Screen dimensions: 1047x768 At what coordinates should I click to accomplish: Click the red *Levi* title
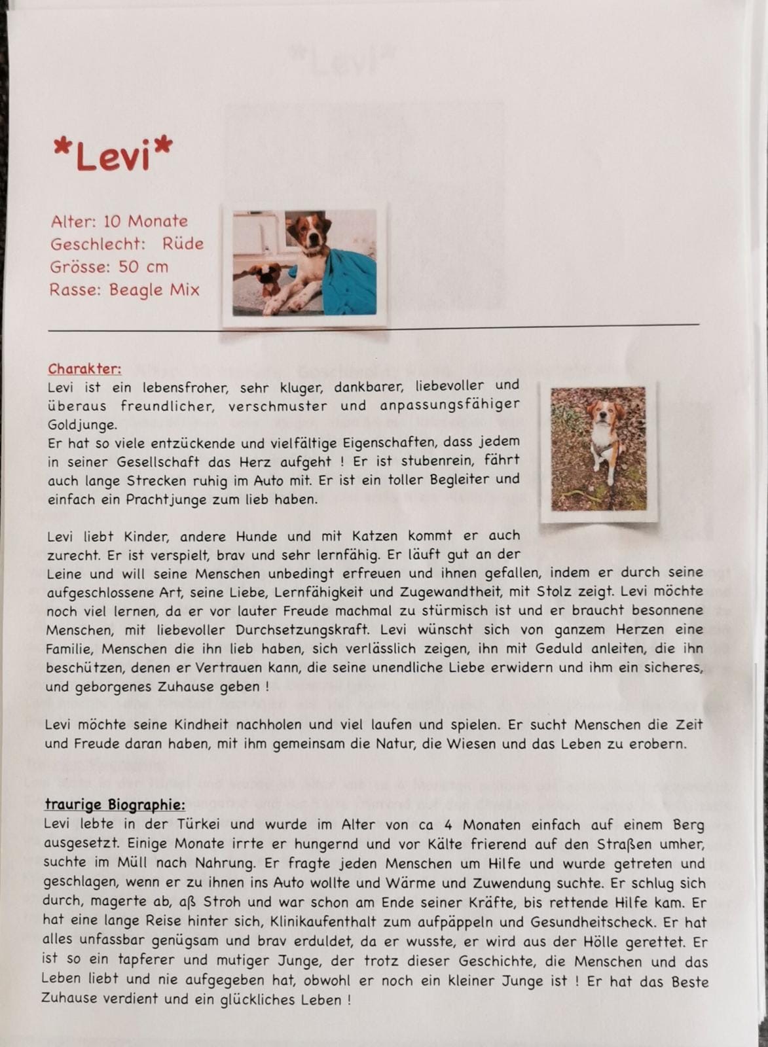[113, 154]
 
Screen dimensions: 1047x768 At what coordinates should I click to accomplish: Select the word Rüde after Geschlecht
[183, 244]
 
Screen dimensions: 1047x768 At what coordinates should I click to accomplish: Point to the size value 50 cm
[143, 267]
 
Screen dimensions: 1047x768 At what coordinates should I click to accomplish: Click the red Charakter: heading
[84, 369]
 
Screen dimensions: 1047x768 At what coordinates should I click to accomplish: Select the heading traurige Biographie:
[115, 804]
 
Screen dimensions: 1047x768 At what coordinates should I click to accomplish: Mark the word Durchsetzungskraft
[291, 630]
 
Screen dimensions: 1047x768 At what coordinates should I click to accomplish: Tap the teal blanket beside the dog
[351, 285]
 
